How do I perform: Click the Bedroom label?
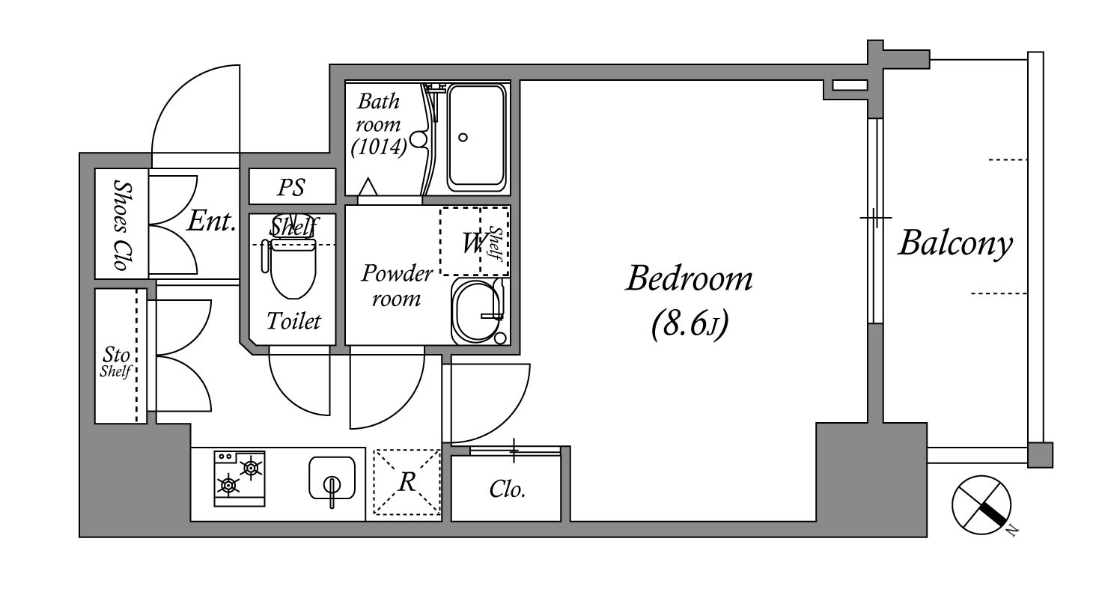tap(689, 278)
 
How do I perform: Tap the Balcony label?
tap(955, 243)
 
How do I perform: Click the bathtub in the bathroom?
tap(476, 138)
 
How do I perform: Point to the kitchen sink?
tap(332, 478)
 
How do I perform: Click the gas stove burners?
tap(240, 478)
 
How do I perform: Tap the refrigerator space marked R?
tap(407, 482)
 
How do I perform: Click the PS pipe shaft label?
tap(291, 187)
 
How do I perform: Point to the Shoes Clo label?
tap(122, 225)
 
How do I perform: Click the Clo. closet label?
tap(508, 489)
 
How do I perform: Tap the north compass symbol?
tap(981, 505)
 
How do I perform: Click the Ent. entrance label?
tap(211, 221)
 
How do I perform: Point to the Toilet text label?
tap(293, 321)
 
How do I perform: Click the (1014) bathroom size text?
tap(379, 146)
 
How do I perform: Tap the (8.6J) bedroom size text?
tap(689, 324)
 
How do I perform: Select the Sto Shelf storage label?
tap(116, 362)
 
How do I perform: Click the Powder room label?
tap(397, 285)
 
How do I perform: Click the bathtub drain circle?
tap(463, 138)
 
